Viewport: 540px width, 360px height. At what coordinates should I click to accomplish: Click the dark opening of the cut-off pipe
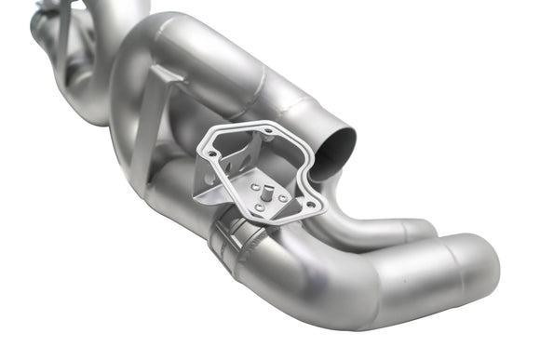pyautogui.click(x=333, y=149)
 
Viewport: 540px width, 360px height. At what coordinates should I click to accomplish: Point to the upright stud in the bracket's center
pyautogui.click(x=267, y=193)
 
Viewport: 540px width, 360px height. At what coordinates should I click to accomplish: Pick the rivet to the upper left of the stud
pyautogui.click(x=253, y=186)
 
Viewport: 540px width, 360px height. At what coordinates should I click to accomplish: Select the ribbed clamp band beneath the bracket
pyautogui.click(x=236, y=240)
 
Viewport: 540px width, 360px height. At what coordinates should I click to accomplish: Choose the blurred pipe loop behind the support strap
pyautogui.click(x=84, y=74)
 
